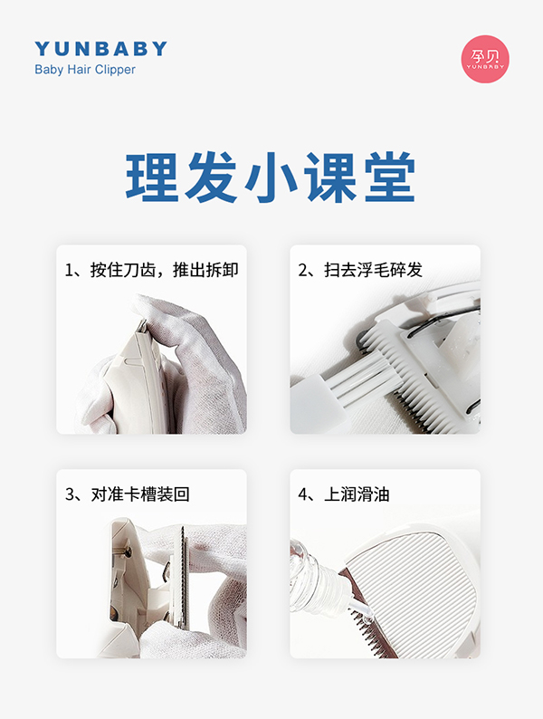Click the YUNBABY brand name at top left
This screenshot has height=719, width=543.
pyautogui.click(x=100, y=49)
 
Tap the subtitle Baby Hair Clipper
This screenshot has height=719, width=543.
pyautogui.click(x=84, y=70)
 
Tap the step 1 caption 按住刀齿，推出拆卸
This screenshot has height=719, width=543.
pyautogui.click(x=151, y=270)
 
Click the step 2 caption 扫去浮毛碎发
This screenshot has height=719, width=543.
pyautogui.click(x=360, y=270)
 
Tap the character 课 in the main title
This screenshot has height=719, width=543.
pyautogui.click(x=329, y=177)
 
